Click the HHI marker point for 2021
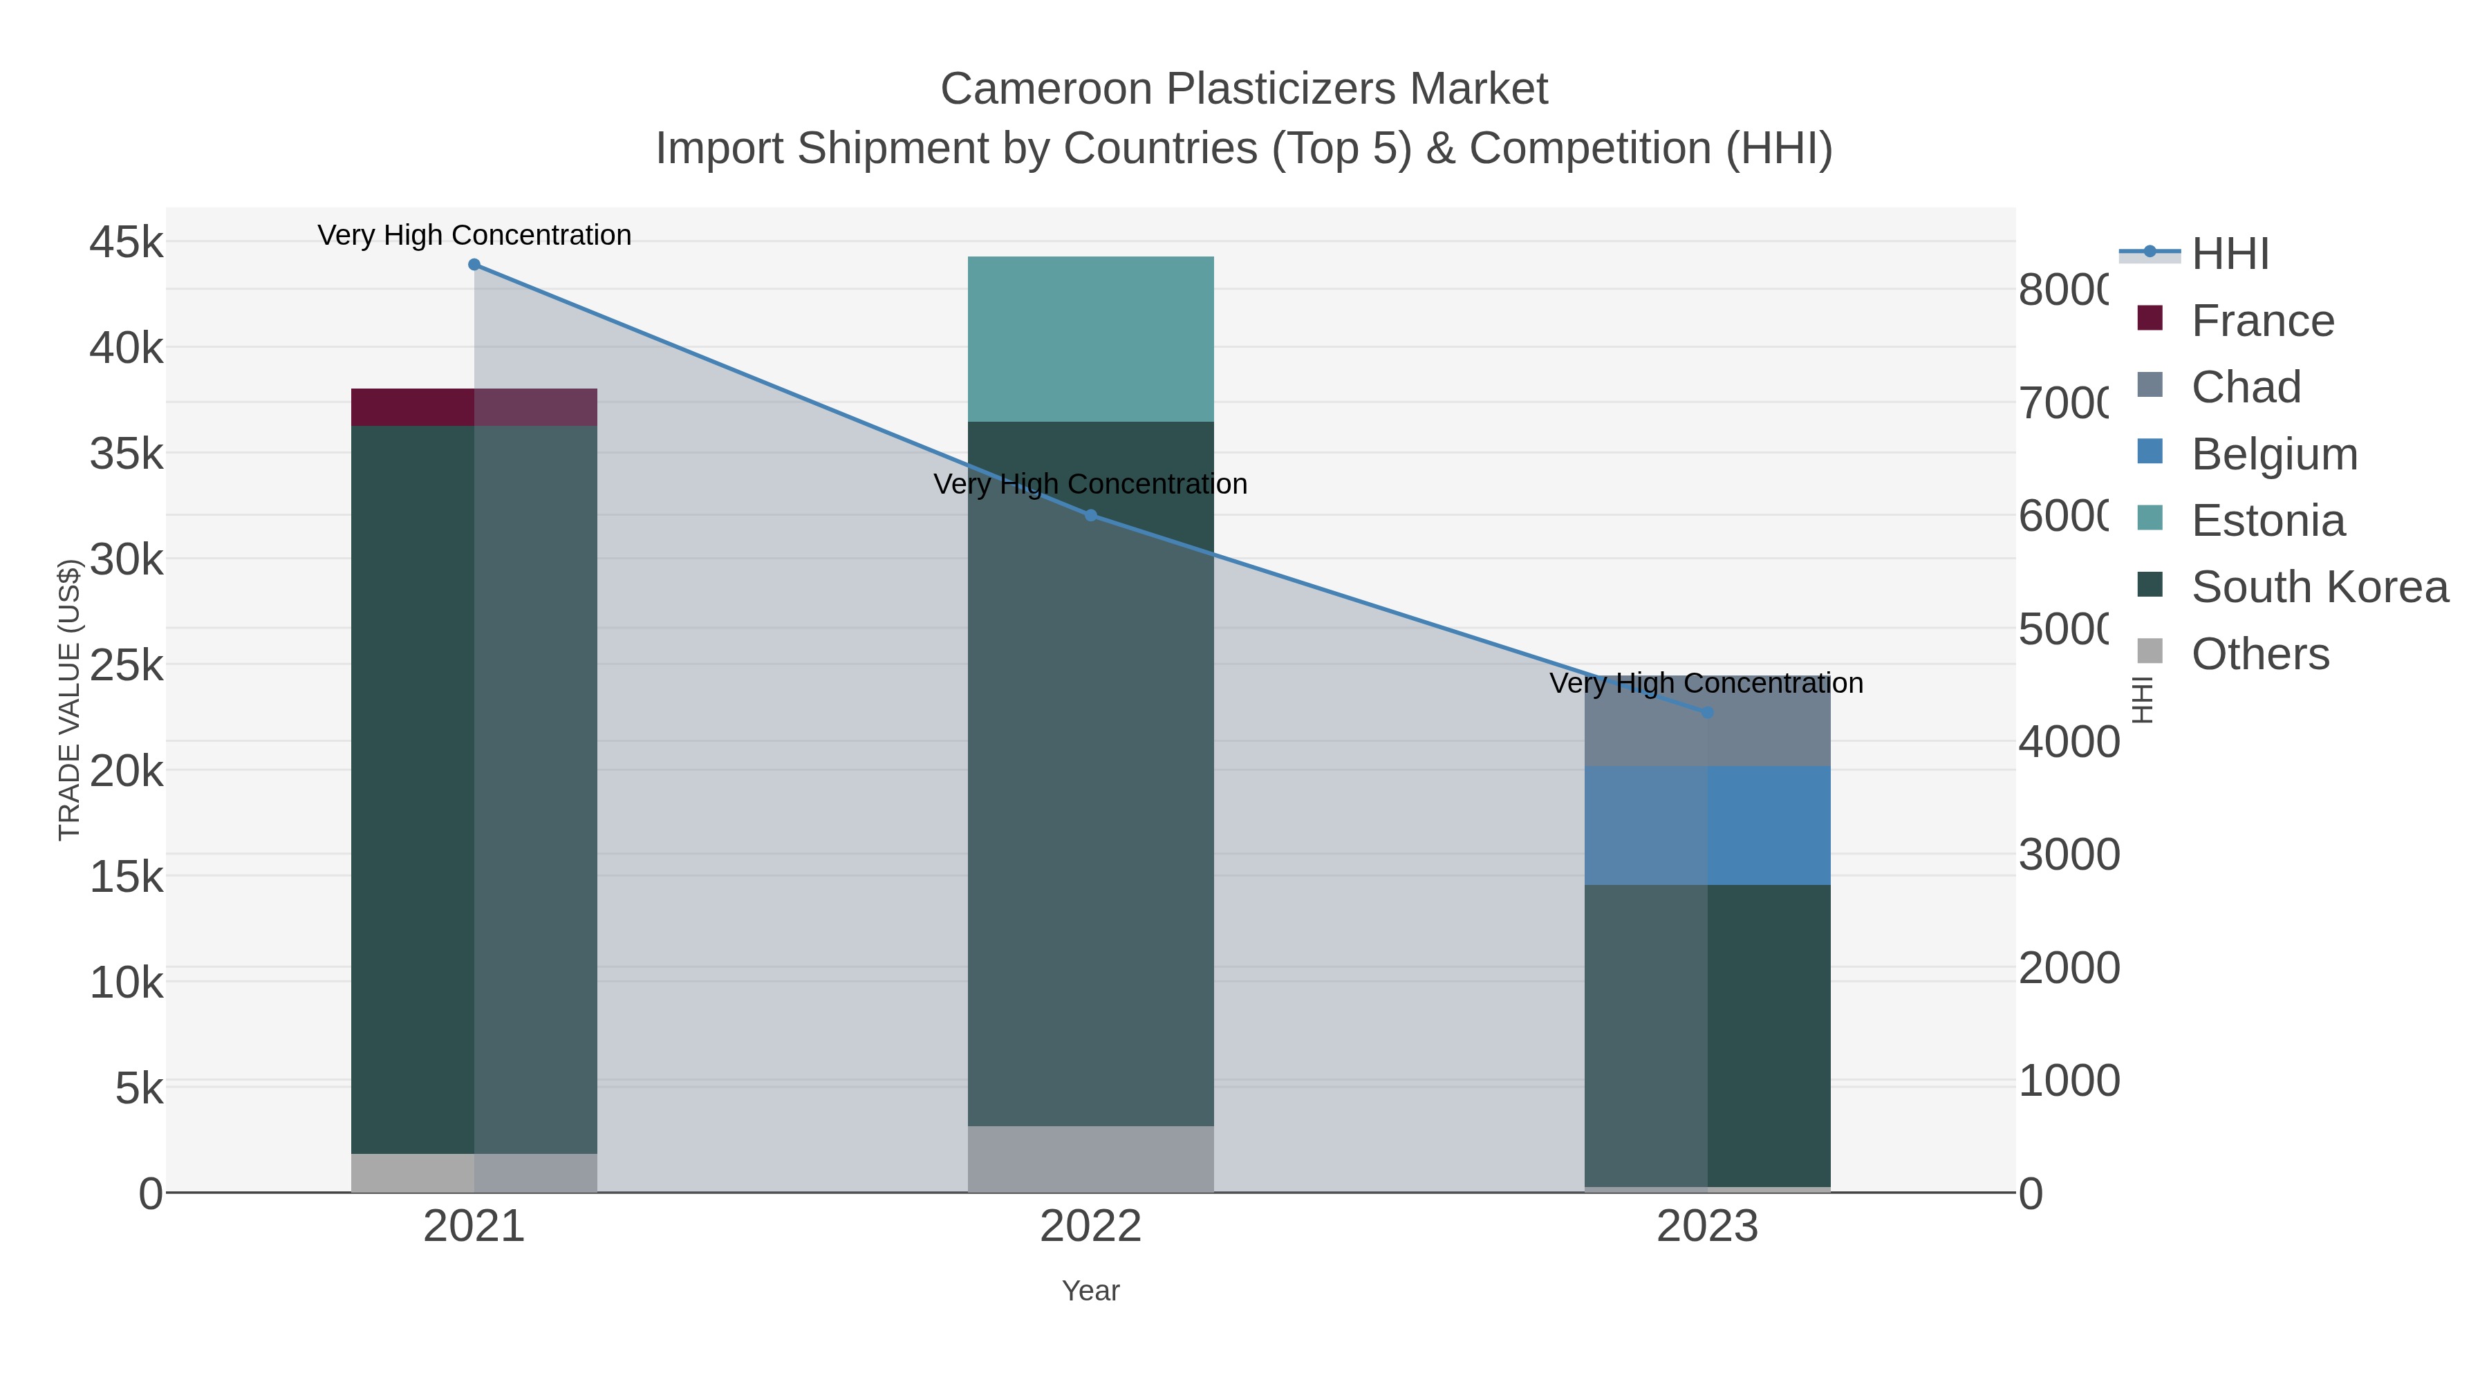(474, 265)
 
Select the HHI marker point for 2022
(1091, 515)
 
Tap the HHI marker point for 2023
(1707, 712)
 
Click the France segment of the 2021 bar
(474, 407)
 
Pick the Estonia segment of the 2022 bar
(1091, 338)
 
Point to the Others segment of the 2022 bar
(1091, 1159)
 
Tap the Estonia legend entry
(2267, 521)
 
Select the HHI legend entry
(2229, 254)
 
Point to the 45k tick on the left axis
(127, 241)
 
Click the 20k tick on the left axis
(127, 771)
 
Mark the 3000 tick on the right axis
(2069, 855)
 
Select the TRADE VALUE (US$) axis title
(70, 700)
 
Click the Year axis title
(1091, 1291)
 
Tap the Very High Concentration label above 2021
(474, 235)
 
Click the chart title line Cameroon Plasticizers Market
(1244, 89)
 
